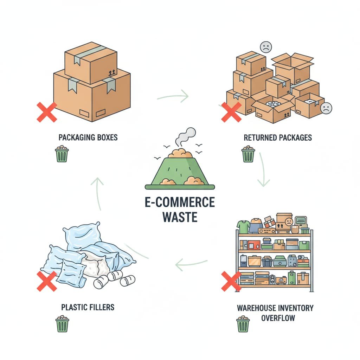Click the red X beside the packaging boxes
[x=47, y=112]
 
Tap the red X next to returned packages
[x=231, y=112]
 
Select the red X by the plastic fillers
[x=47, y=281]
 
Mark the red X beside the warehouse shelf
[x=231, y=281]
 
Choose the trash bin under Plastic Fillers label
[x=62, y=324]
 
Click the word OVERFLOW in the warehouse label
[x=278, y=318]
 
